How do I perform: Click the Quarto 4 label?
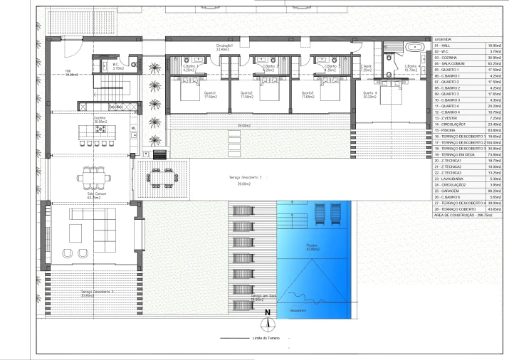pyautogui.click(x=369, y=93)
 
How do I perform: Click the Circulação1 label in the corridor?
pyautogui.click(x=225, y=48)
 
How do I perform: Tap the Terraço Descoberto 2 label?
pyautogui.click(x=246, y=178)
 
